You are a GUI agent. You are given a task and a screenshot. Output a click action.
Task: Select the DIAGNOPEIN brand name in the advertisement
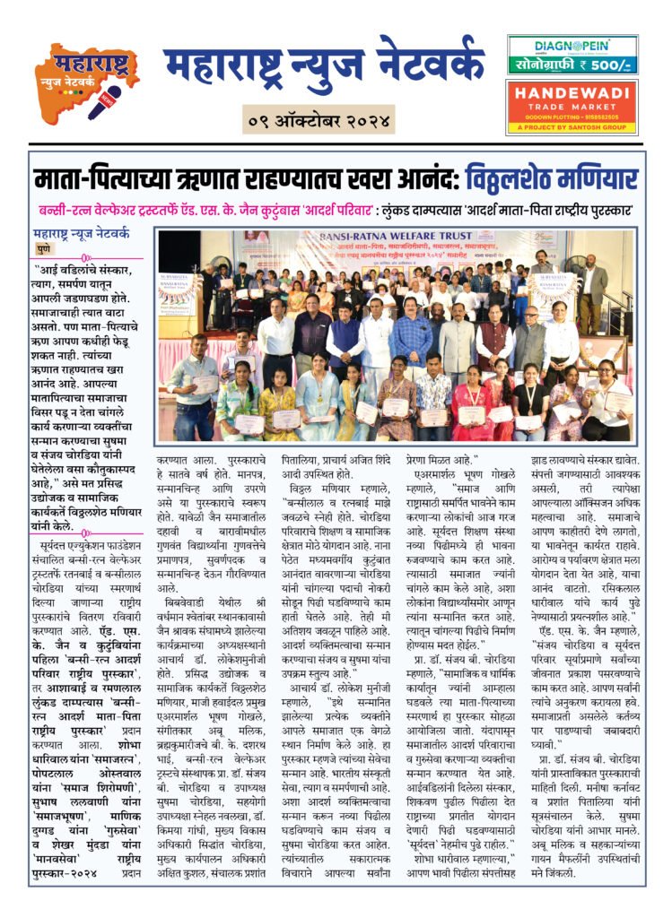572,46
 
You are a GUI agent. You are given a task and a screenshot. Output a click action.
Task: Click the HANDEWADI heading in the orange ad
572,94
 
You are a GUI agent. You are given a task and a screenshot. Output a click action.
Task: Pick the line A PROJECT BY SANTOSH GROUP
572,126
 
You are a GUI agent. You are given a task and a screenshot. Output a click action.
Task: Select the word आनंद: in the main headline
418,178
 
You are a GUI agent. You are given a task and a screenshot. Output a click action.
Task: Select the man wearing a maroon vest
492,336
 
